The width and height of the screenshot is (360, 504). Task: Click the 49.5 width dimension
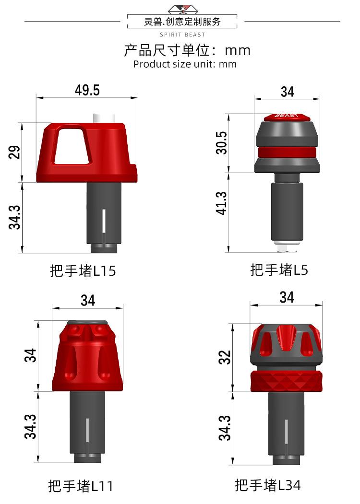[x=87, y=90]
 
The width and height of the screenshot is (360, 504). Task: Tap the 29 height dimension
[x=14, y=152]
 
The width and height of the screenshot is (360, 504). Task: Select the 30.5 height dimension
[x=222, y=143]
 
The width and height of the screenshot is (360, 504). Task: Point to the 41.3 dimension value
[x=222, y=203]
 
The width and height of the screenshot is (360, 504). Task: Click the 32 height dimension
[x=225, y=357]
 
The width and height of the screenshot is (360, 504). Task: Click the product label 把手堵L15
[x=83, y=270]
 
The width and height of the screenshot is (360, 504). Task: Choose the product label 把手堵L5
[x=279, y=270]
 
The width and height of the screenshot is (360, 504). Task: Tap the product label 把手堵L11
[x=81, y=486]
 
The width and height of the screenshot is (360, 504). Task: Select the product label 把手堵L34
[x=268, y=485]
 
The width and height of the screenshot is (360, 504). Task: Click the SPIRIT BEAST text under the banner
[x=182, y=35]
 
